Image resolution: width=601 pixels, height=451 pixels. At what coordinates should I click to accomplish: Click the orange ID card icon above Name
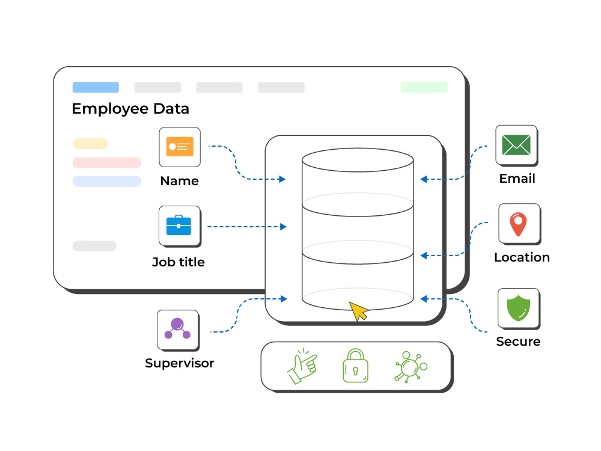(180, 147)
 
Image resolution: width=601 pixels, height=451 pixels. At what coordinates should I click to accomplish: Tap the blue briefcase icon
(178, 225)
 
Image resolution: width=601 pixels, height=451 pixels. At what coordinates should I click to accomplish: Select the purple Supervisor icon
(177, 329)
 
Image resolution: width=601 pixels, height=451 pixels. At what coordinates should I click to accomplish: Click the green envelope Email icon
(516, 144)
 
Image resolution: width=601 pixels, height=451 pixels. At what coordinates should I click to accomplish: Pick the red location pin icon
(518, 224)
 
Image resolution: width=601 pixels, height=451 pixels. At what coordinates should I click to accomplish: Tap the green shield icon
(518, 308)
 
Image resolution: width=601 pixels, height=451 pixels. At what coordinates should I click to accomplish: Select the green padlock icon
(355, 366)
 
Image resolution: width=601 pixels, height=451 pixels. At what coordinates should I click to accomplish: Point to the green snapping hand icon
(302, 366)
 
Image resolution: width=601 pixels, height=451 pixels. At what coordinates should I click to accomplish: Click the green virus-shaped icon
(410, 367)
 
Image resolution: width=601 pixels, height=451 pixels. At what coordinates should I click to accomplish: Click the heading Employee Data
(130, 109)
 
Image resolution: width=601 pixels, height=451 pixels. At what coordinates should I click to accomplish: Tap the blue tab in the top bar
(96, 87)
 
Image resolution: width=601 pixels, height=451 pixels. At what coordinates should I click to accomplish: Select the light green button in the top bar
(424, 87)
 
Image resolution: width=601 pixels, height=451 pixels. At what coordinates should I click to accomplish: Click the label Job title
(178, 262)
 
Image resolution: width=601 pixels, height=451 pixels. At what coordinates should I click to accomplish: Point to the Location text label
(522, 257)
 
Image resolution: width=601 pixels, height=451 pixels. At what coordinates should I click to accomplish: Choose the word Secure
(518, 342)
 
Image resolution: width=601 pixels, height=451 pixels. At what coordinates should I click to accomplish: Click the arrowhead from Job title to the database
(283, 227)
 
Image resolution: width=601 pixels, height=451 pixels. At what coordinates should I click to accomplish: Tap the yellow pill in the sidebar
(91, 144)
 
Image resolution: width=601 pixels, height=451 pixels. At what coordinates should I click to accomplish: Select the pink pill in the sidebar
(107, 162)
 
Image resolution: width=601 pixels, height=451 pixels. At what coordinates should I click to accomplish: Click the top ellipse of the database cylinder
(358, 149)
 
